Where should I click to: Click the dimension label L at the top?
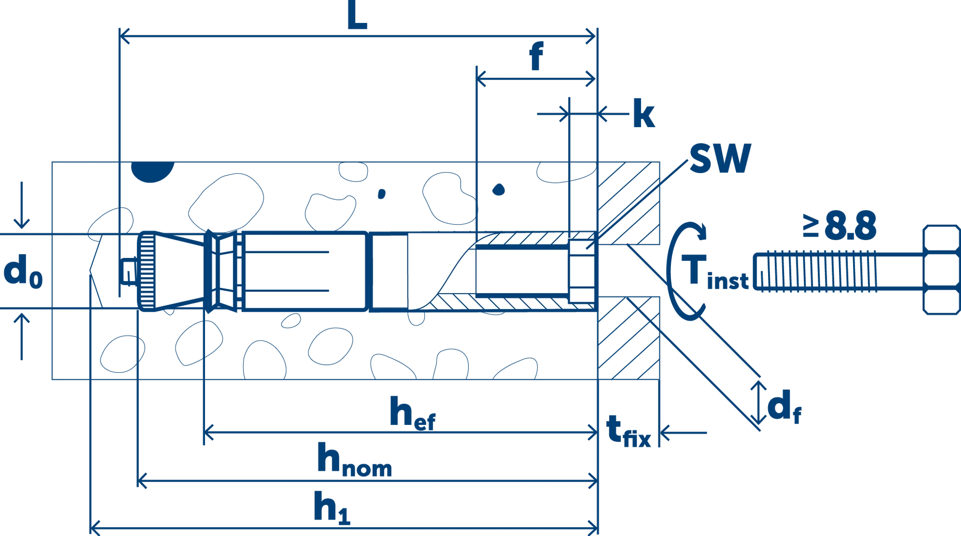[357, 15]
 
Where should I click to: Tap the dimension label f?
[536, 56]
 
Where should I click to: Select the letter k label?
[644, 113]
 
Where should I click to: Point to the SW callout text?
[720, 158]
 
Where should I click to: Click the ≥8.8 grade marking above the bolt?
[839, 226]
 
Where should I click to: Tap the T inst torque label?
[715, 272]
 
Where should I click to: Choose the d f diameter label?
[784, 406]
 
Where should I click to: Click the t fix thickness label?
[628, 430]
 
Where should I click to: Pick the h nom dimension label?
[354, 460]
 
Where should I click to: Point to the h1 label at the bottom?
[332, 507]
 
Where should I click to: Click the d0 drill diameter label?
[23, 271]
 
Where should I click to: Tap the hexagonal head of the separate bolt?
[941, 270]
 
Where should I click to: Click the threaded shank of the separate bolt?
[838, 272]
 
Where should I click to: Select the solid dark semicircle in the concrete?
[153, 172]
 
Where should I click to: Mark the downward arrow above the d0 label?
[22, 205]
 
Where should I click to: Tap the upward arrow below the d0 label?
[22, 337]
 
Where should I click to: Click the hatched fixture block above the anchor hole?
[628, 203]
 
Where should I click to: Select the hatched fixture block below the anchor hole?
[628, 338]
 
